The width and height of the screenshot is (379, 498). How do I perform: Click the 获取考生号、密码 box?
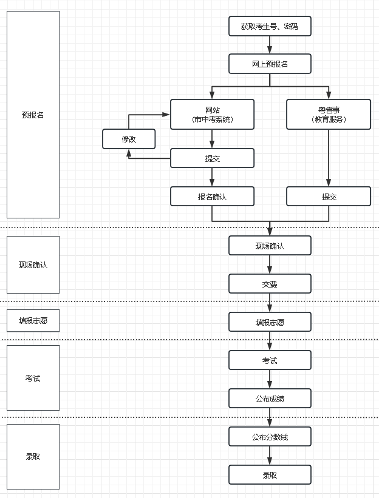[270, 27]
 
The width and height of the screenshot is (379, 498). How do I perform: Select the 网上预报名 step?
[270, 63]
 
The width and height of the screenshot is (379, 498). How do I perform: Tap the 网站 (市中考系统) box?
[212, 114]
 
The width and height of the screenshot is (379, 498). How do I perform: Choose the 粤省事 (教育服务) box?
[329, 114]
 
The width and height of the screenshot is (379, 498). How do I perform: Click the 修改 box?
[129, 139]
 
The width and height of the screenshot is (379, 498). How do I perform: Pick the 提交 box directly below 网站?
[212, 158]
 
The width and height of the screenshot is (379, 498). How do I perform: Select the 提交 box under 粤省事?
[329, 197]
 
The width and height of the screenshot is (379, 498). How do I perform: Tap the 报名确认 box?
[212, 197]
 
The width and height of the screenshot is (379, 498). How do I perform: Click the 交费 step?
[270, 284]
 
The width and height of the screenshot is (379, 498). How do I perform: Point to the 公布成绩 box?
[270, 399]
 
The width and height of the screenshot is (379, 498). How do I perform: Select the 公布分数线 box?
[270, 436]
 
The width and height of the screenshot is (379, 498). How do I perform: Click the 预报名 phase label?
[33, 115]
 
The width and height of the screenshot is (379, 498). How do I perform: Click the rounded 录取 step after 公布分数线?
[270, 474]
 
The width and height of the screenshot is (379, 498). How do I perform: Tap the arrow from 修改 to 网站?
[146, 114]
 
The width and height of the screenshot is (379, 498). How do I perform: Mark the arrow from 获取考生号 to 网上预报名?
[270, 45]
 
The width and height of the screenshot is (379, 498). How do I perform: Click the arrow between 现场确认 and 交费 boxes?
[270, 264]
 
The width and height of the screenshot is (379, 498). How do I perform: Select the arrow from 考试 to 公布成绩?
[270, 380]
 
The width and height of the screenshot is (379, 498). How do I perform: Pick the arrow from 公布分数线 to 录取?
[270, 456]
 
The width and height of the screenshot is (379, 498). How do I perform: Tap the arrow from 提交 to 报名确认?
[212, 177]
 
